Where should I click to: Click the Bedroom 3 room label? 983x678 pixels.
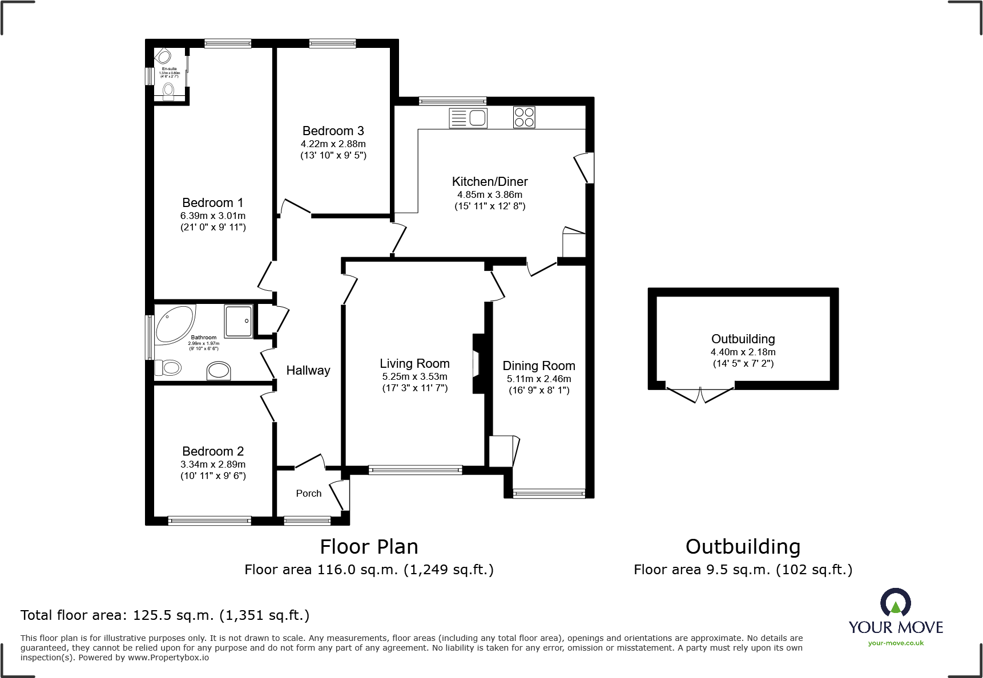point(333,131)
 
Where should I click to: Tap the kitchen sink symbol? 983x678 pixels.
point(469,118)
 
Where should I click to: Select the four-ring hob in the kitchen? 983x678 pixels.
point(524,117)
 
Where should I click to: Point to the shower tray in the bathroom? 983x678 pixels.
point(238,322)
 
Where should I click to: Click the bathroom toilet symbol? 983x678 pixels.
point(168,368)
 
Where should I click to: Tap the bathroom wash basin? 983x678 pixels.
point(219,371)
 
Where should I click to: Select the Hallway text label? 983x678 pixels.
point(308,371)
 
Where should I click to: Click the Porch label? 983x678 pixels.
point(308,494)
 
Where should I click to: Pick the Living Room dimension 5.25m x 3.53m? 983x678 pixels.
point(415,377)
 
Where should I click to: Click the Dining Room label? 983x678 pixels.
point(539,366)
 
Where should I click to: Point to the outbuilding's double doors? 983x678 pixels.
point(700,395)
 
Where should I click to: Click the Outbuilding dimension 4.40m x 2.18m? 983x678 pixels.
point(743,352)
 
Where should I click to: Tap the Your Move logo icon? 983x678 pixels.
point(895,603)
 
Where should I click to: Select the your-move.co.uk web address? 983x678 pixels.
point(896,643)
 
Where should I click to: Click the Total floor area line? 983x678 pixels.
point(165,615)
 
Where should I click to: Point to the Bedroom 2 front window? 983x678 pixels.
point(210,520)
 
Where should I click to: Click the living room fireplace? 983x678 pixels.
point(478,363)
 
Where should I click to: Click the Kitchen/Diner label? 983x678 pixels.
point(490,182)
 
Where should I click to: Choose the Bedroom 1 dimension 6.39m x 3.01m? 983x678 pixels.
point(213,216)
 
